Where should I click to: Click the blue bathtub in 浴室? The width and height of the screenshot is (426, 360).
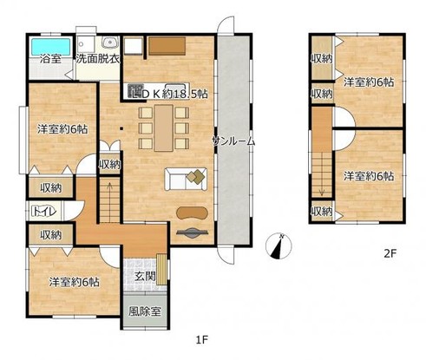coord(50,46)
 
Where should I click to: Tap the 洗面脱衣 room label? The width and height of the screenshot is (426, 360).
coord(98,59)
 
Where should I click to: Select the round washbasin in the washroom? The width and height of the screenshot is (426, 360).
coord(109,43)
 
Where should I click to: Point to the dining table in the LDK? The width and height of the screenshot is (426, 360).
coord(164,128)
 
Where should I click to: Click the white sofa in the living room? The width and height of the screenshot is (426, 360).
coord(186,180)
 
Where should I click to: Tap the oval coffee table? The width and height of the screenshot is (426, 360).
coord(192,213)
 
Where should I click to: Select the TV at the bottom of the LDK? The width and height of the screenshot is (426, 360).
coord(192,232)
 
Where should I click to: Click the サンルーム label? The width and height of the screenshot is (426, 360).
coord(233,141)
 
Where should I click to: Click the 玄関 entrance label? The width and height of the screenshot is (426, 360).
coord(145,277)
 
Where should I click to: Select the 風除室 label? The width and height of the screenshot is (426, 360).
coord(145,311)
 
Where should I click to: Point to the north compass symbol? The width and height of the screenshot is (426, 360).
coord(279,245)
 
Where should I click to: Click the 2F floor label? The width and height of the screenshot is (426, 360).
coord(390,253)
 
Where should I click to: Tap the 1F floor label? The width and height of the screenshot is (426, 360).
coord(202,340)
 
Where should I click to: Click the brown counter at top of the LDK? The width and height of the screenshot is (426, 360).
coord(167,46)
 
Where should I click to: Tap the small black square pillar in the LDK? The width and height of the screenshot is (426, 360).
coord(121,128)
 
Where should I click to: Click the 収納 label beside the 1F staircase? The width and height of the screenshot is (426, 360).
coord(109,165)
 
